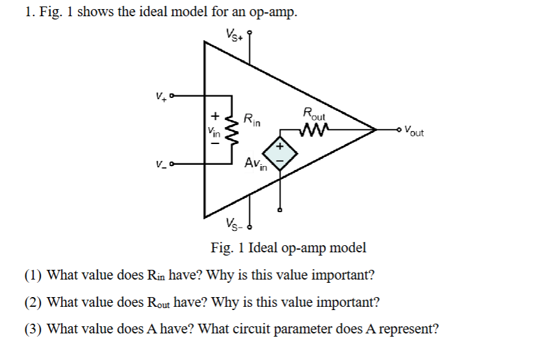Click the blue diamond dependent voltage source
pos(280,152)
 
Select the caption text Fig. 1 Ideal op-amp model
pos(288,247)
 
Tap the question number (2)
pos(34,302)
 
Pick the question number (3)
pos(34,329)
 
